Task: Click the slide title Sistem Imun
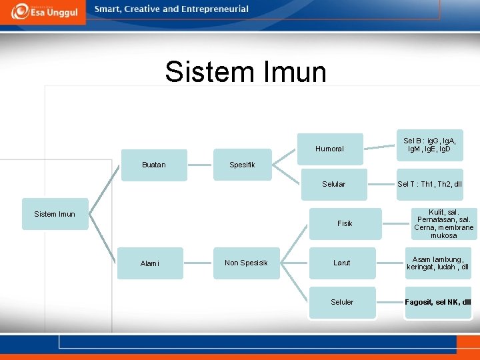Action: point(246,72)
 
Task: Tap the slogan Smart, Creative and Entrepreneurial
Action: point(171,9)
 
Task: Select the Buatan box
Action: point(154,165)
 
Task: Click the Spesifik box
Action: point(243,165)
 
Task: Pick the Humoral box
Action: point(330,149)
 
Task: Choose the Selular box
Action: point(333,184)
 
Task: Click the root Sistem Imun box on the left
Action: point(55,214)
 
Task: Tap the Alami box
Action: point(150,263)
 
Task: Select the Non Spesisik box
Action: point(246,263)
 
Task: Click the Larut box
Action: point(342,263)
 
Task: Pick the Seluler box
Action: point(342,302)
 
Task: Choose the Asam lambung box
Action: point(438,263)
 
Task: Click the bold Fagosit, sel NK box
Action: point(438,302)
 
